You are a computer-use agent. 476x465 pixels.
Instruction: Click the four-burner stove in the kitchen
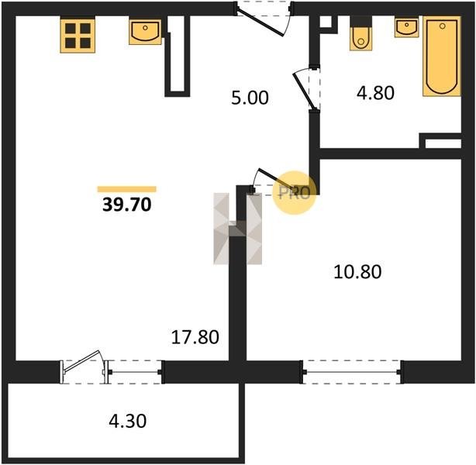tap(78, 36)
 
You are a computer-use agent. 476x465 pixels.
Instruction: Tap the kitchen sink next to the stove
tap(145, 33)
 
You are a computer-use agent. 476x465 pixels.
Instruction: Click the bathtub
tap(442, 57)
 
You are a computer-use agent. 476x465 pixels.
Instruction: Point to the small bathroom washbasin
tap(406, 27)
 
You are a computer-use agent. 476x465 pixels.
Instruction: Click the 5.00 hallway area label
tap(250, 98)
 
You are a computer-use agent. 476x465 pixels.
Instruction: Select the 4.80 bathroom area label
tap(375, 93)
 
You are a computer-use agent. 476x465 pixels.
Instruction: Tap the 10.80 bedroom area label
tap(357, 272)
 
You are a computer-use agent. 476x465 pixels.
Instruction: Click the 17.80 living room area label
tap(195, 337)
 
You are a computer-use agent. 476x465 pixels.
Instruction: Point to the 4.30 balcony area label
tap(128, 421)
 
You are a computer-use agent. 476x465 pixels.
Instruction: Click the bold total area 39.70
tap(127, 205)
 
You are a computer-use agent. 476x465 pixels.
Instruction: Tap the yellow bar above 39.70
tap(126, 189)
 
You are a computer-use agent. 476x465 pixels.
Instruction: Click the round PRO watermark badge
tap(294, 193)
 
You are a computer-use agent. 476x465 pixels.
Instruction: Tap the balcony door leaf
tap(81, 361)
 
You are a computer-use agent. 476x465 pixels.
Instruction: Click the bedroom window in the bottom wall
tap(352, 372)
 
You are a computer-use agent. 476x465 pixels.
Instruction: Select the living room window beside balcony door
tap(135, 372)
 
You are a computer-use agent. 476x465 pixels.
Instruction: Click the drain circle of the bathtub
tap(443, 26)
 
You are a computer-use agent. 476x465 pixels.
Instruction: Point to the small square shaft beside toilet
tap(326, 22)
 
